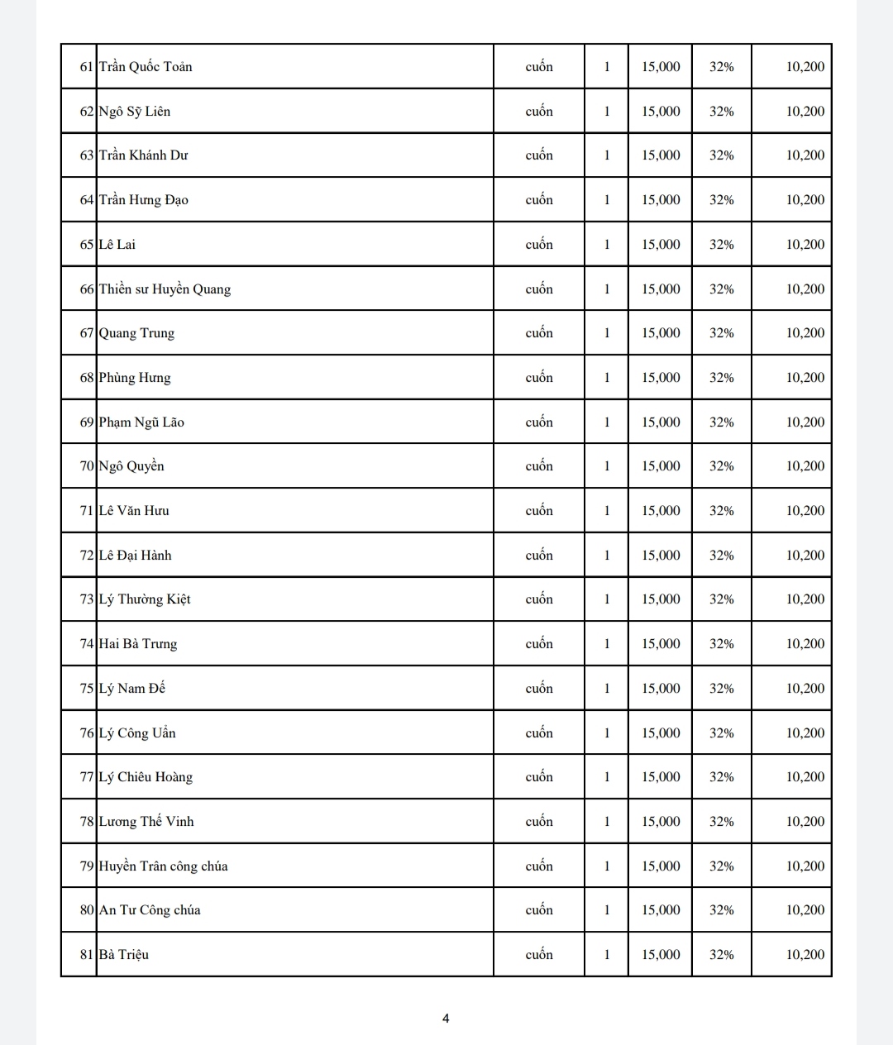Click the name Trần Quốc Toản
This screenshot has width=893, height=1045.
tap(146, 67)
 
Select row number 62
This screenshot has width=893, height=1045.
tap(86, 112)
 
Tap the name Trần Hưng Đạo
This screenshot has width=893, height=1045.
tap(144, 200)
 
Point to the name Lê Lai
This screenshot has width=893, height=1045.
tap(117, 245)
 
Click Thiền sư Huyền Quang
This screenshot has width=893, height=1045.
tap(165, 289)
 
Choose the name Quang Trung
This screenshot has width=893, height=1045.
tap(136, 333)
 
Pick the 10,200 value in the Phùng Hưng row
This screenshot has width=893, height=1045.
tap(805, 378)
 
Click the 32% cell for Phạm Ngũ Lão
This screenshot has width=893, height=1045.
tap(721, 422)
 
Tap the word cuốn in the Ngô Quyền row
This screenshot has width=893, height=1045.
tap(539, 466)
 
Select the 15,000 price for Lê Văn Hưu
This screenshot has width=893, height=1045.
tap(661, 511)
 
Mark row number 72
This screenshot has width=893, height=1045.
tap(86, 556)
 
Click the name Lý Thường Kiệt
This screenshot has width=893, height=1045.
tap(145, 599)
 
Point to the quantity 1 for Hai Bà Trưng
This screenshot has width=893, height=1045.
tap(606, 644)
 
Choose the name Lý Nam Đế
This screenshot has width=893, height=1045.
tap(132, 689)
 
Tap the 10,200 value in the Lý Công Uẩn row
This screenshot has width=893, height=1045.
tap(805, 733)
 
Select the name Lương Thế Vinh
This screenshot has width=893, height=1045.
tap(146, 822)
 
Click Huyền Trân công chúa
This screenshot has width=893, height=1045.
tap(163, 866)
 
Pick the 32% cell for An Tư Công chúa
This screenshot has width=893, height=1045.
tap(721, 910)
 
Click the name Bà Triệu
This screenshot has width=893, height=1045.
tap(124, 955)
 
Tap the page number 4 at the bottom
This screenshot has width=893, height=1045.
tap(446, 1019)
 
